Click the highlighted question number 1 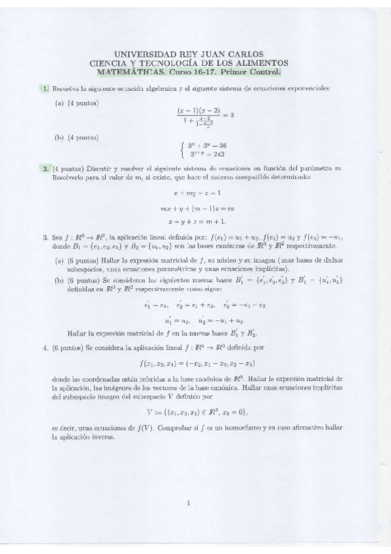[x=44, y=88]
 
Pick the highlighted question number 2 [x=44, y=168]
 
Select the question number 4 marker [x=44, y=348]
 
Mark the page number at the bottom [x=188, y=503]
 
